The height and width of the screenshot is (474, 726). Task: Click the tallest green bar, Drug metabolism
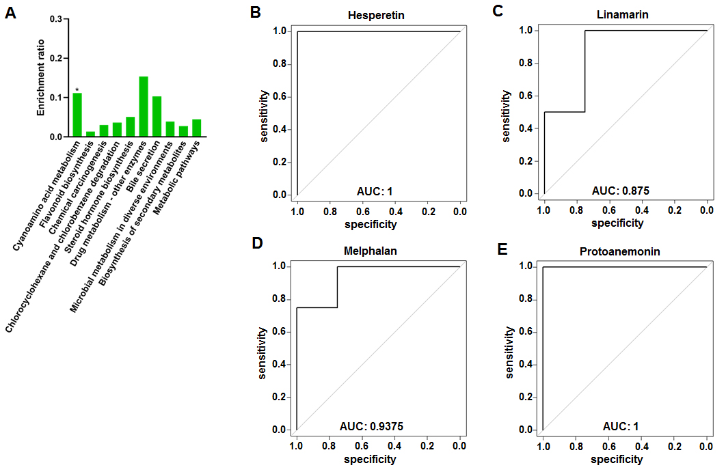(144, 107)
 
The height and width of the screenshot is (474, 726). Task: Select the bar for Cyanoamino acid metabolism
(77, 115)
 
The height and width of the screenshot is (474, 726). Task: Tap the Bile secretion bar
(157, 117)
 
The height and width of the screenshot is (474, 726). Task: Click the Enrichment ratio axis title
(40, 78)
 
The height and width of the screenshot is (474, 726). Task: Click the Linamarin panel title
(625, 14)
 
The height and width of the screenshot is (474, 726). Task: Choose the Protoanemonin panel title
(624, 251)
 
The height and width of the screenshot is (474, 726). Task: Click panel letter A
(12, 13)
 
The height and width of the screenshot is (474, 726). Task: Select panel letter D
(258, 244)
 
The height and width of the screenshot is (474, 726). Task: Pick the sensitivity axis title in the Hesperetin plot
(264, 113)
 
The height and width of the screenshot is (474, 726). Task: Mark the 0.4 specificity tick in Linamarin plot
(641, 210)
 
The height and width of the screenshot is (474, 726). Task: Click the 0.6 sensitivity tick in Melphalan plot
(279, 331)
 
